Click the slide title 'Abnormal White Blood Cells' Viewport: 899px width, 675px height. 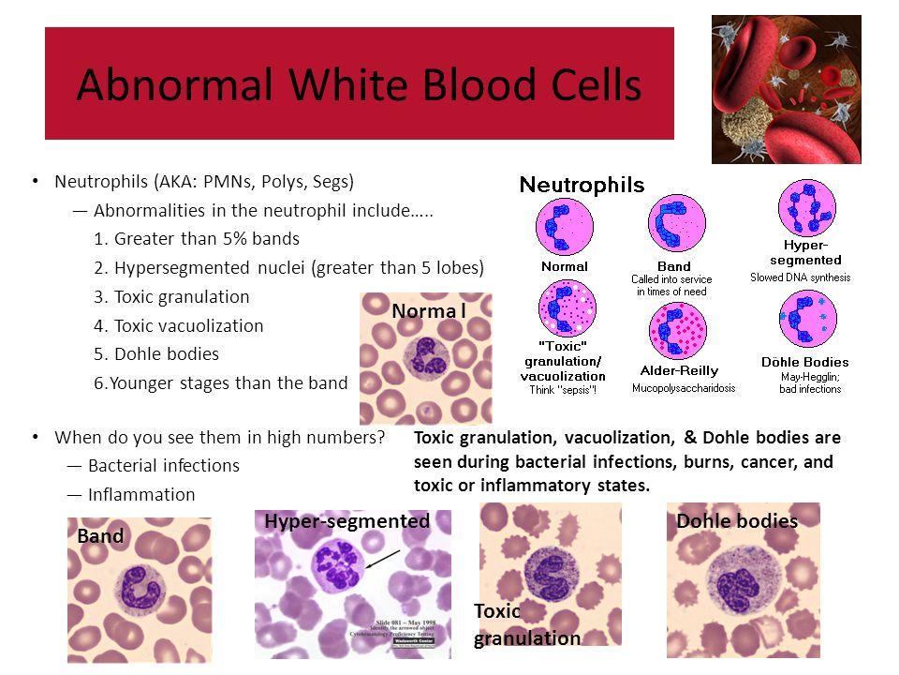click(359, 85)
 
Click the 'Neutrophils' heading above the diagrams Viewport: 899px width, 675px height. click(582, 185)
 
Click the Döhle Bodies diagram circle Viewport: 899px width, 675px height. click(807, 321)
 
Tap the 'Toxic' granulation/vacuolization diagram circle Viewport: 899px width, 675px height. click(566, 310)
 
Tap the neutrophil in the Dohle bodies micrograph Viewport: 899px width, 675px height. click(740, 580)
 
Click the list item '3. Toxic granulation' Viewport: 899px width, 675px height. click(172, 297)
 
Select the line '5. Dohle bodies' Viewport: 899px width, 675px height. click(156, 354)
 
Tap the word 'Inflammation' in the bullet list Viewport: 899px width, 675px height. click(141, 495)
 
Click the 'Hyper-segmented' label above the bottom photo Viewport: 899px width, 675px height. click(346, 520)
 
